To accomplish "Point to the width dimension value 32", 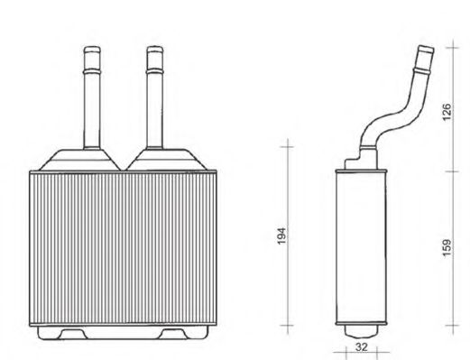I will click(x=362, y=345).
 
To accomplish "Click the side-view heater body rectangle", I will click(x=361, y=244).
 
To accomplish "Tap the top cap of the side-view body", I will click(x=361, y=163).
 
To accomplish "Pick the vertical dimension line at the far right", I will click(x=454, y=180).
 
